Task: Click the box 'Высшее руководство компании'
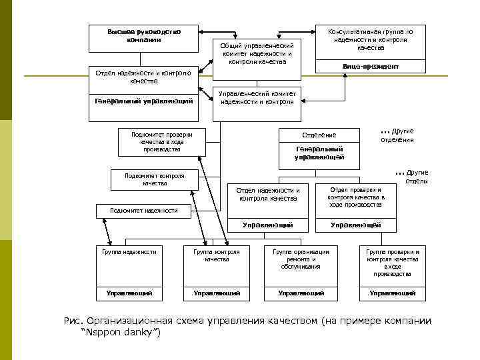coord(143,36)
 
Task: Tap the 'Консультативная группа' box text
coord(370,40)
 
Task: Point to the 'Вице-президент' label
coord(370,67)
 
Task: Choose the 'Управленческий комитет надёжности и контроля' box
coord(257,98)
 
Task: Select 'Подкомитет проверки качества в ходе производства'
coord(161,142)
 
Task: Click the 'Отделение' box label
coord(320,135)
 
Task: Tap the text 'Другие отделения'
coord(398,136)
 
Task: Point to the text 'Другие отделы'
coord(413,177)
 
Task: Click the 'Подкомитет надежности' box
coord(143,211)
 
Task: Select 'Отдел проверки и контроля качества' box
coord(356,197)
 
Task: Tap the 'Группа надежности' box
coord(129,252)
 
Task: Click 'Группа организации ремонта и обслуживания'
coord(301,259)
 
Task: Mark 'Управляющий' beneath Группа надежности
coord(129,293)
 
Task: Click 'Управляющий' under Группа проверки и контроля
coord(392,293)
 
